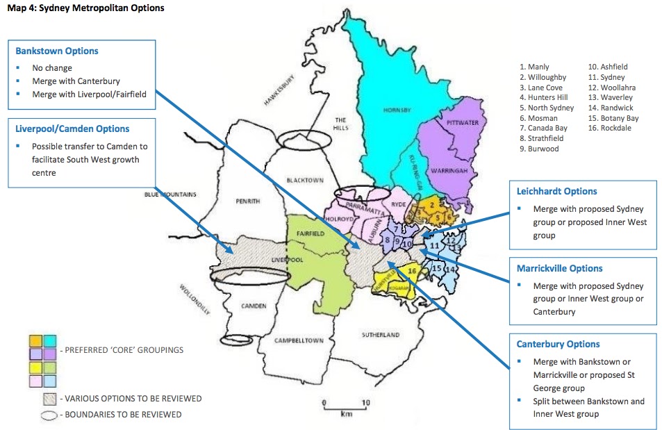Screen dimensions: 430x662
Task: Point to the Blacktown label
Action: coord(305,181)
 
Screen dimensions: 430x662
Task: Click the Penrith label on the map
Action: coord(248,201)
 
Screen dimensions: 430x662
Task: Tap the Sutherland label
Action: coord(381,335)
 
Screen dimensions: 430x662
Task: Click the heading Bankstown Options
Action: coord(57,51)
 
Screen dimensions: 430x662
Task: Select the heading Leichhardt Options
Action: coord(556,191)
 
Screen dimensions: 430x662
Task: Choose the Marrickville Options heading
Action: coord(559,268)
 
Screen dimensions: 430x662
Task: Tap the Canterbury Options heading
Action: coord(558,344)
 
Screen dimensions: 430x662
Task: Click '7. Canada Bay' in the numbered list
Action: coord(543,129)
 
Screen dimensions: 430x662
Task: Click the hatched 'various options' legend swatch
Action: coord(49,399)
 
